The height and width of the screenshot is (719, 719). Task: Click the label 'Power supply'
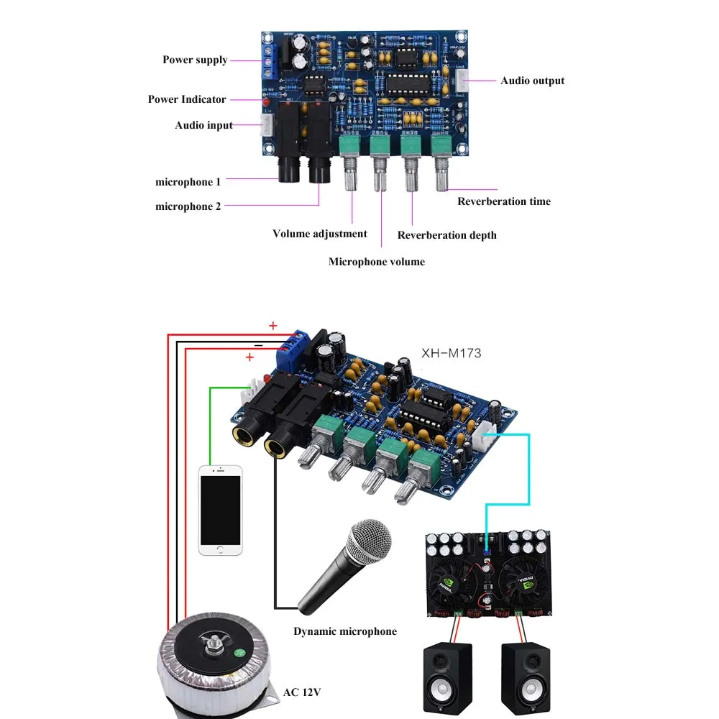pos(195,60)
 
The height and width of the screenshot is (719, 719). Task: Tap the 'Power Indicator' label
pos(187,99)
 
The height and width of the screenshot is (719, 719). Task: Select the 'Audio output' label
pos(532,81)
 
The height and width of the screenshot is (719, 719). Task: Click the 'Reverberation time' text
pos(504,201)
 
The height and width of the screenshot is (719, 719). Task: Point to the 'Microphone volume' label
pos(377,262)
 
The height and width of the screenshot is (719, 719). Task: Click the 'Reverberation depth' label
pos(446,235)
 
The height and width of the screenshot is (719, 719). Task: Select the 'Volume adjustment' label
pos(319,234)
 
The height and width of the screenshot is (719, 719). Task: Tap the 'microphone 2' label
pos(188,206)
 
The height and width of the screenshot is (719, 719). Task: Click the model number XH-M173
pos(451,353)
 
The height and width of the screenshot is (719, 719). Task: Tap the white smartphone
pos(220,510)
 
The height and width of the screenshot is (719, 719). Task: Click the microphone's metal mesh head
pos(370,542)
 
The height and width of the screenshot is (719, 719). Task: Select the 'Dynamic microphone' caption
pos(344,631)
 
